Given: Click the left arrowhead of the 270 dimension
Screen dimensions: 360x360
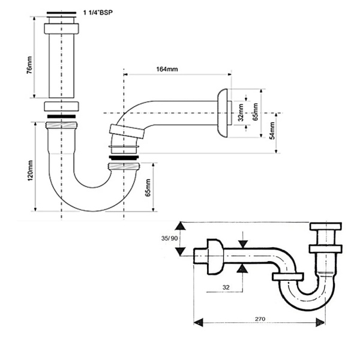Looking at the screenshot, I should pos(196,322).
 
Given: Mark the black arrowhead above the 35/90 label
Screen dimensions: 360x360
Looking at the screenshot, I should pos(179,227).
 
